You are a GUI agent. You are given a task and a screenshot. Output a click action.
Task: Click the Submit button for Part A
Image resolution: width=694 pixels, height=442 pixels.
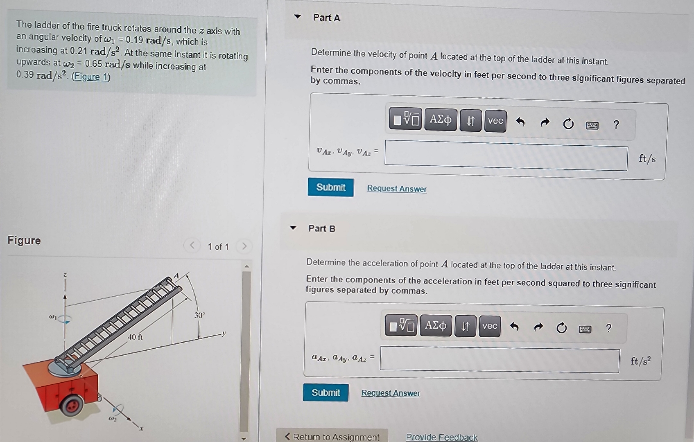coord(330,187)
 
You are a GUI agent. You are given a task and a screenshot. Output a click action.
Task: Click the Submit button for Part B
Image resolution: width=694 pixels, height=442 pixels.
coord(326,392)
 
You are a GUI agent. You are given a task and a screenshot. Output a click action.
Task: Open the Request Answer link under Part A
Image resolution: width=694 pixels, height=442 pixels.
coord(397,188)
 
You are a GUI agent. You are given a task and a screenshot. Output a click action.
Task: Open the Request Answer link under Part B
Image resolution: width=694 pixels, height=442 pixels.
coord(391,393)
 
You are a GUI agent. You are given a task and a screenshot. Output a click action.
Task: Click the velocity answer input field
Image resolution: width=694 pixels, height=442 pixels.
coord(506,156)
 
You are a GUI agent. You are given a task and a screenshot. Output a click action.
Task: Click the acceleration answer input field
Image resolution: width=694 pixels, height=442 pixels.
coord(500,359)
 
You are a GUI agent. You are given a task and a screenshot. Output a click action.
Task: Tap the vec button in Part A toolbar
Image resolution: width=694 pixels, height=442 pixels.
coord(495,120)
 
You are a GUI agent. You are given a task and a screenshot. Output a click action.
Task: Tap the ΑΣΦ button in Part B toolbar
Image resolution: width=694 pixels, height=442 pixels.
coord(436,325)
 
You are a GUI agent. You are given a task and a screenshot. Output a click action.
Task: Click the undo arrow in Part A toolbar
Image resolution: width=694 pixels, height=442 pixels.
coord(520,122)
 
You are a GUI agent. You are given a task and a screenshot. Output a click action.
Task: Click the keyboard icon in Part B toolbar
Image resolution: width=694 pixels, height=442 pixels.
coord(585,329)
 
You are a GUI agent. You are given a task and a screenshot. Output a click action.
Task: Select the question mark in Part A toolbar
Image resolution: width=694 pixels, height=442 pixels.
coord(616,124)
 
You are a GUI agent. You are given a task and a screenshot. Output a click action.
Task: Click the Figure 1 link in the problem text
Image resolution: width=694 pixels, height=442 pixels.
coord(91,77)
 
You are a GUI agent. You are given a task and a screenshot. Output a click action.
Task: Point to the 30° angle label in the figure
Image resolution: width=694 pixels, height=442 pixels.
coord(199,315)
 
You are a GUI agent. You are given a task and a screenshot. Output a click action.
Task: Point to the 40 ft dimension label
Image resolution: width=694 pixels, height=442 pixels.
coord(136,337)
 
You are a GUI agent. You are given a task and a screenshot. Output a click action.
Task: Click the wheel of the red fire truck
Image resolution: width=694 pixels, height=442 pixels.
coord(72,404)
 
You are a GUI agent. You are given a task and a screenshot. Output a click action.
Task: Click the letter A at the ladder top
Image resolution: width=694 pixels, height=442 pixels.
coord(176,276)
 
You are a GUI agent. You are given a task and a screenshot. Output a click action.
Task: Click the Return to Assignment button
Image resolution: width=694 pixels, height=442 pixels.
coord(332,436)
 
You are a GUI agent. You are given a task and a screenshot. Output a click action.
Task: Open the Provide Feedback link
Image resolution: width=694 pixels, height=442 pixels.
coord(441,437)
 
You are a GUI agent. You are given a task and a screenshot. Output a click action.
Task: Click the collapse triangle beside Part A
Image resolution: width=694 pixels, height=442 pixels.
coord(297,16)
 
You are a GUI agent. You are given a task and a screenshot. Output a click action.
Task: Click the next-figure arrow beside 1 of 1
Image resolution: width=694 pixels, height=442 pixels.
coord(244,246)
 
